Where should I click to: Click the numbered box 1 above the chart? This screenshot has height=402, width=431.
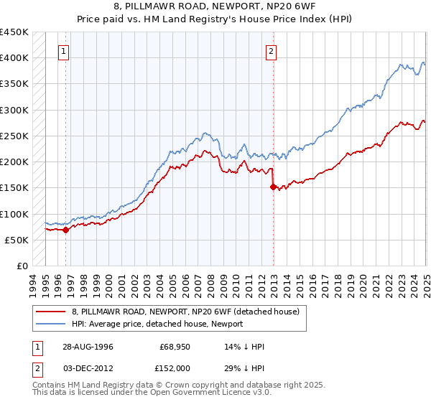point(65,51)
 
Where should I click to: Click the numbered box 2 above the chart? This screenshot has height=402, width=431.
point(272,51)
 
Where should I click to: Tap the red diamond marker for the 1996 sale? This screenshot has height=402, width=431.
point(65,230)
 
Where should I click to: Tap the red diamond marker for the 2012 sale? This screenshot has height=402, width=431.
point(273,187)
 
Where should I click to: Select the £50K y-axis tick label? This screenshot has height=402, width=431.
point(17,240)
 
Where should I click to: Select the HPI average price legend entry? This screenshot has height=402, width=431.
point(157,324)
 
